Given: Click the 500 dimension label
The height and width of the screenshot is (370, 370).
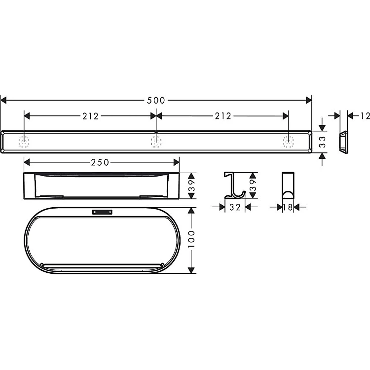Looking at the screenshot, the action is [156, 101].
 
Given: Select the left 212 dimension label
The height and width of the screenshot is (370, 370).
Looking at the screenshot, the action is [90, 116].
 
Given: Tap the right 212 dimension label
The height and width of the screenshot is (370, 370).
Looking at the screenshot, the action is [223, 116].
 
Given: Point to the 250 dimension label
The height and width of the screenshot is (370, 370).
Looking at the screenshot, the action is [100, 162].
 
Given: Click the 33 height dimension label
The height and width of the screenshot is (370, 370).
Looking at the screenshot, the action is [322, 142].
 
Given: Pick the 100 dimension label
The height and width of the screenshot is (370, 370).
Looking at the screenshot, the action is [191, 239].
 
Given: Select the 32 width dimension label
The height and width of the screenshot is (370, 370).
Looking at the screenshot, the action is [235, 207].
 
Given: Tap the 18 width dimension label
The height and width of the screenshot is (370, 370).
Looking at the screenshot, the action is [288, 207].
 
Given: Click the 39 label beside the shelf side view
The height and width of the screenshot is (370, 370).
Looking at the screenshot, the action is [191, 185].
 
